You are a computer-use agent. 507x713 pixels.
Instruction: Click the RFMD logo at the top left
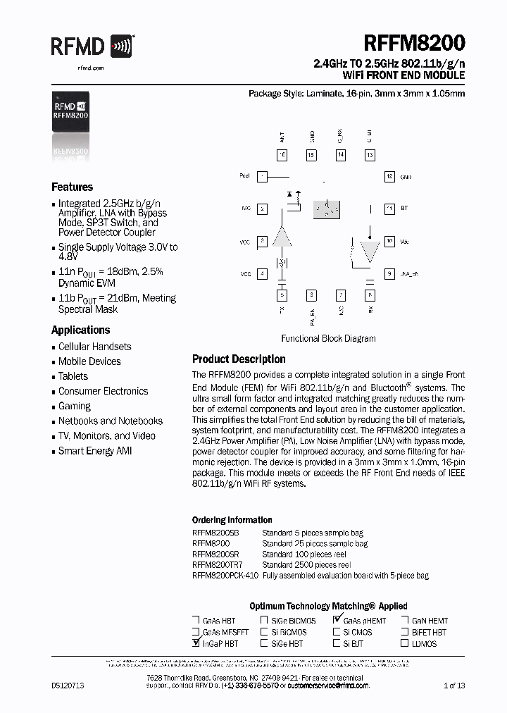(x=92, y=47)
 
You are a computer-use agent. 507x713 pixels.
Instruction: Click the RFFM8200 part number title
(x=414, y=44)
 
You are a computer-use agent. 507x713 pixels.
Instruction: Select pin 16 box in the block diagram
(x=282, y=155)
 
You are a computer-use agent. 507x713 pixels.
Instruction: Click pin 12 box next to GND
(x=389, y=177)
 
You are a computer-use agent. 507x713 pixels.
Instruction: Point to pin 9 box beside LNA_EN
(x=389, y=273)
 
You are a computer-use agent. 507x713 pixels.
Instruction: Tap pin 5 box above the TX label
(x=282, y=295)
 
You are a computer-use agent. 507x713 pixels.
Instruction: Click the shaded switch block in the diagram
(x=325, y=209)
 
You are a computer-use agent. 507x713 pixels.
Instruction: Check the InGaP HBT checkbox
(x=196, y=643)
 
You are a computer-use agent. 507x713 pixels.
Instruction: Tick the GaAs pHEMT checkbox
(x=337, y=621)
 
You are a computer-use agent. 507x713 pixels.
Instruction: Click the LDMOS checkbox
(x=406, y=643)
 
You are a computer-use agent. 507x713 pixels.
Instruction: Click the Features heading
(x=72, y=187)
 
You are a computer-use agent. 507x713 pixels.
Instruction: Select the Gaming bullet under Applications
(x=75, y=407)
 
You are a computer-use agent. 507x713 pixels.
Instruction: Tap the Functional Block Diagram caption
(x=328, y=339)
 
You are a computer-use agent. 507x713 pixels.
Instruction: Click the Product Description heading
(x=239, y=359)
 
